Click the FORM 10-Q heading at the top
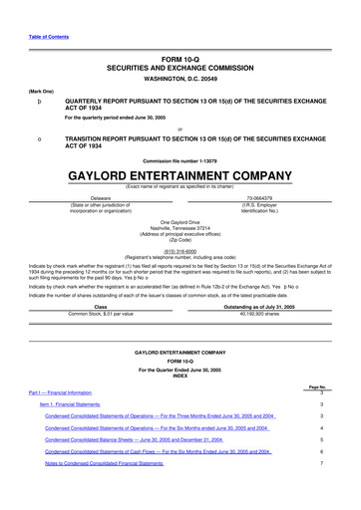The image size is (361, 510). (x=180, y=62)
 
